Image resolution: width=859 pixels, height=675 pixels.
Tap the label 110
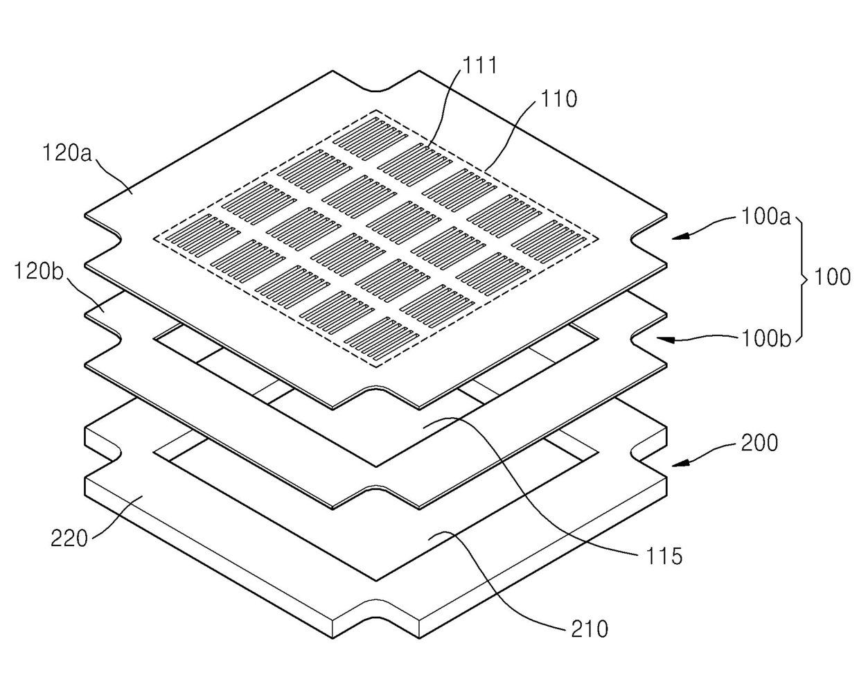(x=560, y=99)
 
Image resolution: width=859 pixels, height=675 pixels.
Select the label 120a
(x=67, y=153)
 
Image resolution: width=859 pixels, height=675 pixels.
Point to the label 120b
(x=39, y=271)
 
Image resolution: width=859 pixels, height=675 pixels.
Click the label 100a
(x=765, y=217)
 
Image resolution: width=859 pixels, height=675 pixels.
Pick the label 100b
(x=765, y=339)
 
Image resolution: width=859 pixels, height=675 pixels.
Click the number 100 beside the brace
(x=832, y=277)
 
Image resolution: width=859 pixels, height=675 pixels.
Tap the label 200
(x=759, y=443)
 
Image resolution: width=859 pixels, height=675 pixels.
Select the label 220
(x=70, y=538)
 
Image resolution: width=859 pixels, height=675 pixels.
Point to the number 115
(x=663, y=555)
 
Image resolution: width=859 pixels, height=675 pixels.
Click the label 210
(x=589, y=629)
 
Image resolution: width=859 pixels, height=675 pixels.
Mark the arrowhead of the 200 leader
(x=676, y=460)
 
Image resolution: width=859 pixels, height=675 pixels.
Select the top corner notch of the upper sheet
(x=376, y=88)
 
